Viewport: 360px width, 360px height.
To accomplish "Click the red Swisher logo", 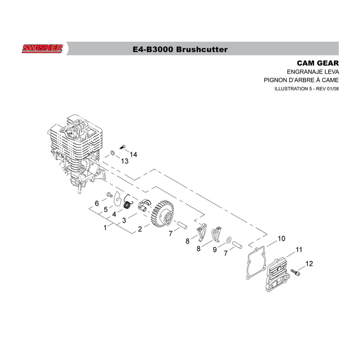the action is [42, 49].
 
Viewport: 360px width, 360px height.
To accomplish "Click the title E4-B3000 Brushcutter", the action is [180, 49].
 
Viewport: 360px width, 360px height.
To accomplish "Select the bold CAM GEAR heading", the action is [318, 63].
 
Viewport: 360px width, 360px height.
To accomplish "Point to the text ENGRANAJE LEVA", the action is [313, 72].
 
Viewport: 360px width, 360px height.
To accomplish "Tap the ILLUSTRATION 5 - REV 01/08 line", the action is [306, 89].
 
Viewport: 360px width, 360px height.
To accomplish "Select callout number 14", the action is [133, 154].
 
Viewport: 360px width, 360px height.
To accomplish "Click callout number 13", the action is [125, 161].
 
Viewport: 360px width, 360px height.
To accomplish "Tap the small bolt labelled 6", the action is [109, 195].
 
